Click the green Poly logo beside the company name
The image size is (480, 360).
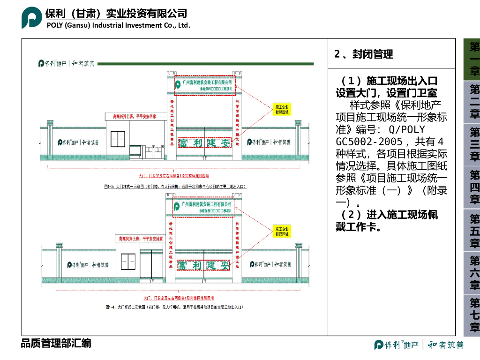point(31,18)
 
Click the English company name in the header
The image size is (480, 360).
point(118,25)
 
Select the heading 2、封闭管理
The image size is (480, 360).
point(363,54)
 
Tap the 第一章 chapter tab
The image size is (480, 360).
point(474,59)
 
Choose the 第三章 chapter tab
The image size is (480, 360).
point(474,144)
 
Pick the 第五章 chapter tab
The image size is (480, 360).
point(474,231)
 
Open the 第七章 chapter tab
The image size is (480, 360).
point(474,315)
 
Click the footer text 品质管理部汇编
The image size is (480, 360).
point(56,343)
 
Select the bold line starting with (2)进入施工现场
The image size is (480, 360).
point(387,221)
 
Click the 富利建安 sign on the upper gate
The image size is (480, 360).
point(204,142)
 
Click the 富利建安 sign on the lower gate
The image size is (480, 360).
point(203,266)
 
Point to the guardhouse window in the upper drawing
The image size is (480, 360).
point(118,139)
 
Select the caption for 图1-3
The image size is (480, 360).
point(175,187)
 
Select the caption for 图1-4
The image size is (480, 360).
point(174,307)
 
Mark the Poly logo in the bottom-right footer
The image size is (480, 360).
point(419,345)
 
